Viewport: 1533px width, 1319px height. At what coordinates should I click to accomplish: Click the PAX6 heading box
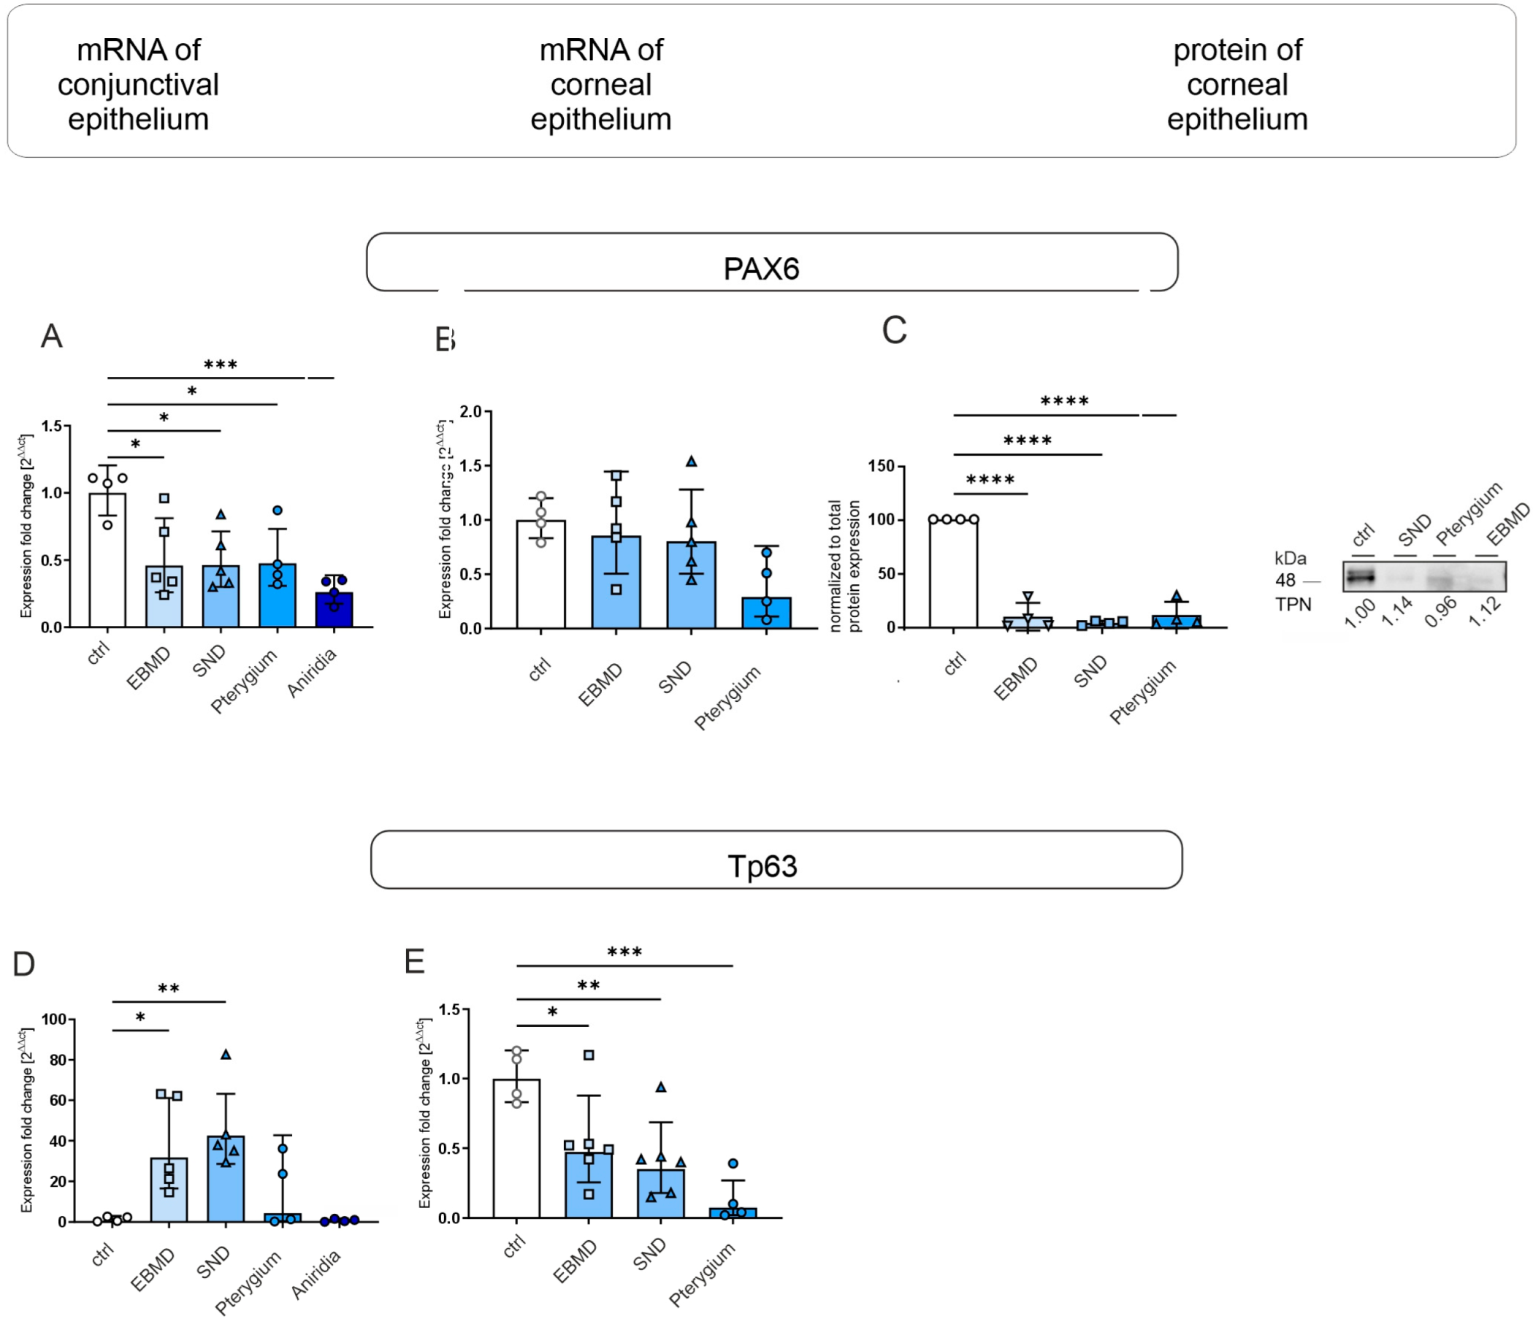772,263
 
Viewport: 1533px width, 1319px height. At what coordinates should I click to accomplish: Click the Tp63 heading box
776,860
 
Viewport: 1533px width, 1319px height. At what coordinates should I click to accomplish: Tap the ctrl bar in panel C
953,573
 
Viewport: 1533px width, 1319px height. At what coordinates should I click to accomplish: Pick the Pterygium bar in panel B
767,613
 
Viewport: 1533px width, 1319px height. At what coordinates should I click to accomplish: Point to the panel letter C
894,331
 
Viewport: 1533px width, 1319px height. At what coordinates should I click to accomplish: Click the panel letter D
23,965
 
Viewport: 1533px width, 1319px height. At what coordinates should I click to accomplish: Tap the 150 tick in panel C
881,466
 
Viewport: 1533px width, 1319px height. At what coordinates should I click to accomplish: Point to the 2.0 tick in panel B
470,411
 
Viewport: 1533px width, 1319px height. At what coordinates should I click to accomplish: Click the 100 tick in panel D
53,1020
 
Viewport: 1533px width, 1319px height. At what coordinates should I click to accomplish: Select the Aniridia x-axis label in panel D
316,1274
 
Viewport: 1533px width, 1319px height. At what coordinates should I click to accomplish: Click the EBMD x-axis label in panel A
149,668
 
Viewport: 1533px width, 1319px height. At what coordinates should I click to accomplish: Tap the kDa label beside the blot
1291,559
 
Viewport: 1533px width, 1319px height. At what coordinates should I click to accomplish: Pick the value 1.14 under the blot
1398,613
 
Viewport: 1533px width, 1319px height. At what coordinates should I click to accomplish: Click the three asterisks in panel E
624,952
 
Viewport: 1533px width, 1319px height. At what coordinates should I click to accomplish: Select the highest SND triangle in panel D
226,1054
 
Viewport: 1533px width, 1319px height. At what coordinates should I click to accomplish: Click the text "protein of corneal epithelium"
1237,85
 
